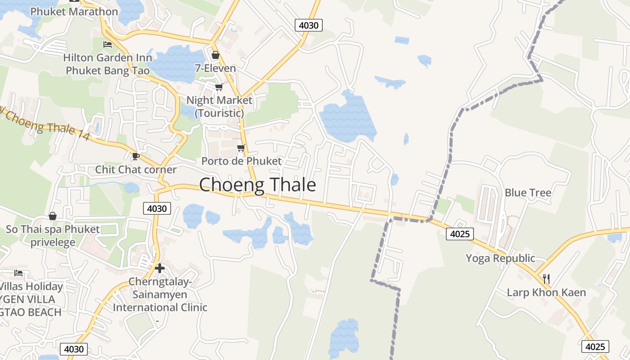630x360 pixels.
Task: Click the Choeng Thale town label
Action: [257, 185]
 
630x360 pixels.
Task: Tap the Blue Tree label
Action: [528, 193]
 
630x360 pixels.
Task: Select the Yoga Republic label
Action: [500, 258]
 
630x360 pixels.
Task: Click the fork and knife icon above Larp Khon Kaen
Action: [546, 279]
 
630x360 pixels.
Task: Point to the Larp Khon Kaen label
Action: [546, 292]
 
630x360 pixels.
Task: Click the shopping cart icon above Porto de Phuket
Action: [241, 148]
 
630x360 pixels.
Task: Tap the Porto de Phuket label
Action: [241, 161]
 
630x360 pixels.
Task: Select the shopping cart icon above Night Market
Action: [219, 86]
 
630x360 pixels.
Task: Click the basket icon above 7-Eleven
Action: [216, 55]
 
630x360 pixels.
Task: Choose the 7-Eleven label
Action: [216, 68]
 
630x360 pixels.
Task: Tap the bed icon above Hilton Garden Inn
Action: [108, 44]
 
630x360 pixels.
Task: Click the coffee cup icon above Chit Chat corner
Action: [135, 156]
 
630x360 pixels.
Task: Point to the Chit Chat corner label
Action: [136, 170]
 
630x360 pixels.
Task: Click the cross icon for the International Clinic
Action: [159, 268]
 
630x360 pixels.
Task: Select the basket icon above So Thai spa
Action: [53, 216]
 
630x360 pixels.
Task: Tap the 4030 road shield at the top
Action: [309, 25]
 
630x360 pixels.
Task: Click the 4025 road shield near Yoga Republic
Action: [460, 234]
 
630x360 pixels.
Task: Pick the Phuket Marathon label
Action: [74, 12]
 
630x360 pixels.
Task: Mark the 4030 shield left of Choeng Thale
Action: [157, 208]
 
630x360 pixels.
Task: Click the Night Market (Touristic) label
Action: [219, 106]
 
